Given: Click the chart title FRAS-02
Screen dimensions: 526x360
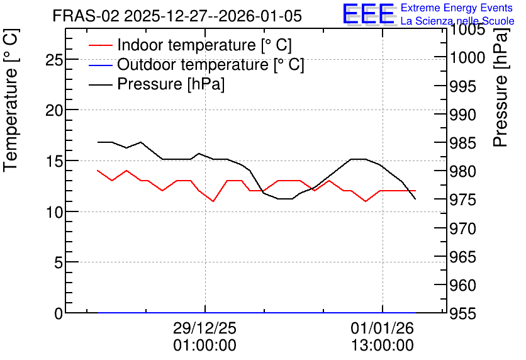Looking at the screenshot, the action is pos(86,16).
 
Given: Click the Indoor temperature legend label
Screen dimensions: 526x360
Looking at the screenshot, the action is pos(204,45).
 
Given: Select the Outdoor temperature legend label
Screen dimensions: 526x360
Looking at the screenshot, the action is pos(210,64).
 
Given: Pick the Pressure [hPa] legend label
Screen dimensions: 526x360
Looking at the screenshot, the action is pos(171,84).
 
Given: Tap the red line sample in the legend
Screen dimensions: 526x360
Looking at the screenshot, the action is pos(100,45).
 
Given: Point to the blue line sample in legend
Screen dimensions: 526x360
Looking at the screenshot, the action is pos(100,65).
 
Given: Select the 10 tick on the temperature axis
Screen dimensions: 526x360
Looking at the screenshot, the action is pos(54,212).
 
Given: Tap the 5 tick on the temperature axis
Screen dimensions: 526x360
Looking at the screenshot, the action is pos(59,262).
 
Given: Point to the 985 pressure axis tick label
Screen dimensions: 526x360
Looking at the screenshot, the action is pos(462,143).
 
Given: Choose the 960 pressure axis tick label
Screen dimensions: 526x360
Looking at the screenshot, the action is pos(462,286).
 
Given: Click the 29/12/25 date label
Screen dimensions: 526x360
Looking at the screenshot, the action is pos(204,328).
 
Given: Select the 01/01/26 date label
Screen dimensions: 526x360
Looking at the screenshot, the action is pos(383,328).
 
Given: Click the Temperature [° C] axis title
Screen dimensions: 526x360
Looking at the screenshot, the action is pos(11,101).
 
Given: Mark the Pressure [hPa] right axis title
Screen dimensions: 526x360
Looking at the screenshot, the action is pos(500,87).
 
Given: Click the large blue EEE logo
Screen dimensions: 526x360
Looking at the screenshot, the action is pos(368,14).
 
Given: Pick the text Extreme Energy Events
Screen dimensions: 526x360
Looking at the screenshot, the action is pos(457,8).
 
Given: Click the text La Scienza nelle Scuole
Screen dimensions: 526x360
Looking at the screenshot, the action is pos(457,21).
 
